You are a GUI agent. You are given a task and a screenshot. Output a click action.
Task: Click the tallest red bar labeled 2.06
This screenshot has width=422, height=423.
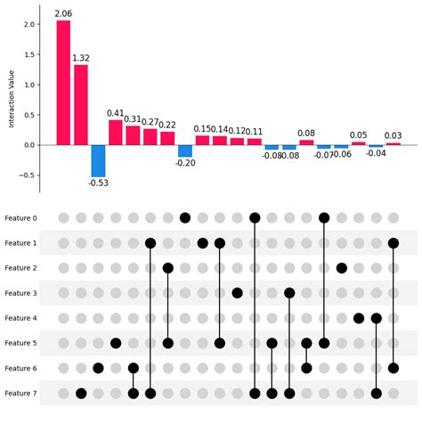(x=63, y=82)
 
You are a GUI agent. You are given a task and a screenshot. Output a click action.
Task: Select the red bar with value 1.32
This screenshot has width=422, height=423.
(x=81, y=104)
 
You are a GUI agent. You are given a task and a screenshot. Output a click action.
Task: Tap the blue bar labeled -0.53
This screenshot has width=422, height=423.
(x=98, y=160)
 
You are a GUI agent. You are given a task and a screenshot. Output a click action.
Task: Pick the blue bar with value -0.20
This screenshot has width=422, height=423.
(x=185, y=150)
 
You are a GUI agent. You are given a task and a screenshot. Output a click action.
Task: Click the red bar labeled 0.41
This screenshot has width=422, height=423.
(x=116, y=132)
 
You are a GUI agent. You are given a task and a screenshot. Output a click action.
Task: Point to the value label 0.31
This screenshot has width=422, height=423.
(x=133, y=118)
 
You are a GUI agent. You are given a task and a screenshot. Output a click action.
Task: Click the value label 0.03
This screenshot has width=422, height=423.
(x=393, y=135)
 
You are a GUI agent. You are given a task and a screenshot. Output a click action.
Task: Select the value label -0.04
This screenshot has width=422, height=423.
(x=377, y=153)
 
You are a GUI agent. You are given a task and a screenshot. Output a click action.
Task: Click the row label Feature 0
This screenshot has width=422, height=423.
(x=20, y=217)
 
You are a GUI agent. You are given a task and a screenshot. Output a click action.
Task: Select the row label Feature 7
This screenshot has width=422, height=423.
(x=20, y=393)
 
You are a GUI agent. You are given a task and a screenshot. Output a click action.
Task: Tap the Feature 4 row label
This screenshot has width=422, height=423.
(x=20, y=318)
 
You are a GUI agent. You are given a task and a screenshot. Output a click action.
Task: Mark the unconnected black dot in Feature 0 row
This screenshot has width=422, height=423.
(x=185, y=217)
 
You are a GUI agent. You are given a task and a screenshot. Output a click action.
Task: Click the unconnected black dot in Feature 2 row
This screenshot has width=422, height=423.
(x=342, y=267)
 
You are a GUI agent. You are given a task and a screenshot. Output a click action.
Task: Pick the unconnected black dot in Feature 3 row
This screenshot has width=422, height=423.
(x=237, y=292)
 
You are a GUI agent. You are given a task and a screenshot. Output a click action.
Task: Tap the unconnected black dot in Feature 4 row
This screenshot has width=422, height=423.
(x=359, y=318)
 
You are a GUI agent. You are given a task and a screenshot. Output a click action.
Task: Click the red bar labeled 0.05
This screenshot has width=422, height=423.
(x=359, y=142)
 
